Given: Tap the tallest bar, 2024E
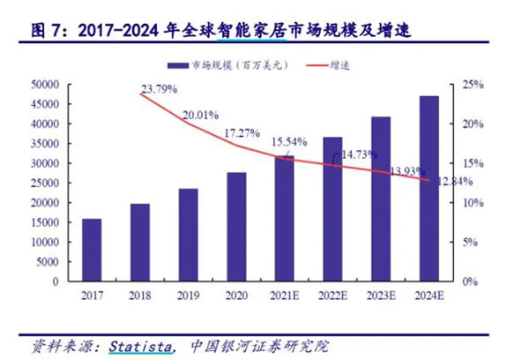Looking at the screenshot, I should [428, 189].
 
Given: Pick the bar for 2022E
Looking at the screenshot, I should [332, 209].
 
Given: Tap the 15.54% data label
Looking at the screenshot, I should [289, 141].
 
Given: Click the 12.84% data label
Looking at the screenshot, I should [456, 181].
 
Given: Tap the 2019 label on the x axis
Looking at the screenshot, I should [188, 296].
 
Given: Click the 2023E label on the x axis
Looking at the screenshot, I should [380, 296].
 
